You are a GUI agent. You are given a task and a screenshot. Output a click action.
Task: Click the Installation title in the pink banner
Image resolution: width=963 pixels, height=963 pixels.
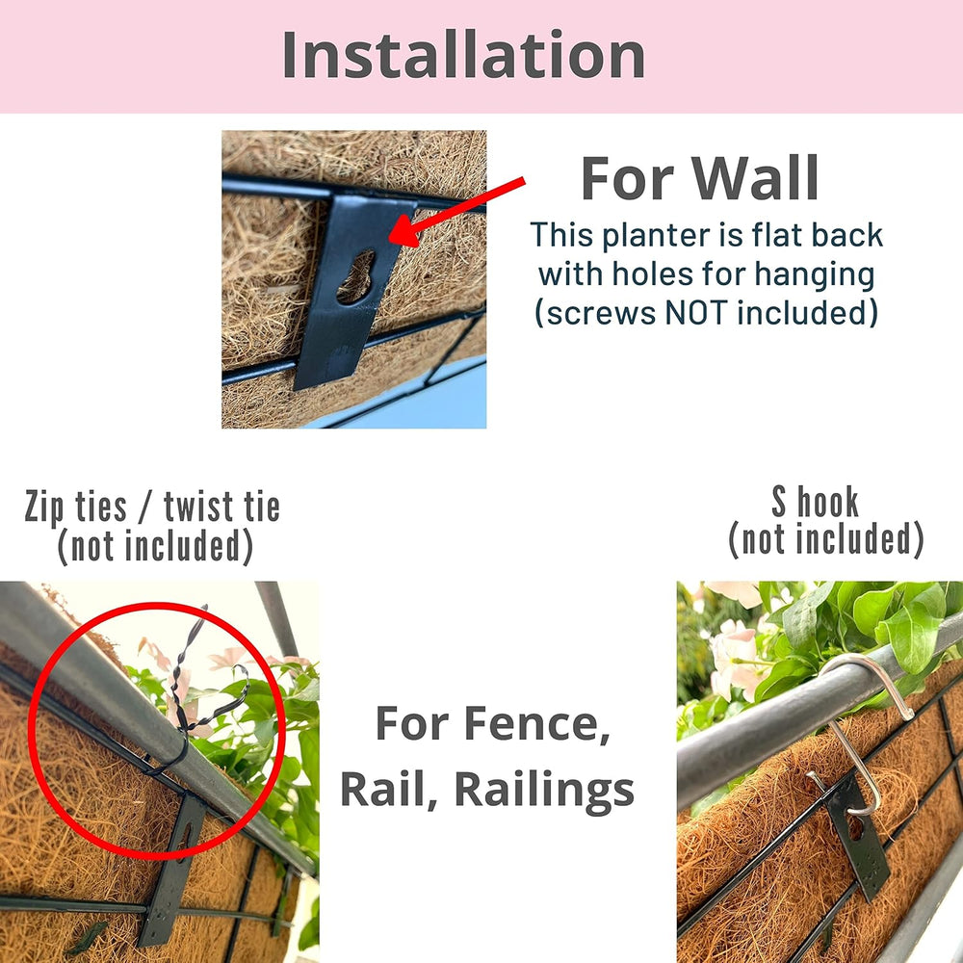(x=464, y=55)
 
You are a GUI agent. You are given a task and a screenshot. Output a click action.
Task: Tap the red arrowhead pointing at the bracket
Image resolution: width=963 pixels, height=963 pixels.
(x=406, y=230)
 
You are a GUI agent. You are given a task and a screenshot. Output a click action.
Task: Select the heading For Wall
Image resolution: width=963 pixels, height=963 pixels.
(x=699, y=178)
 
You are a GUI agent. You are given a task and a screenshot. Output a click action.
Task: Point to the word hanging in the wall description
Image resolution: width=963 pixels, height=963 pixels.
(x=815, y=274)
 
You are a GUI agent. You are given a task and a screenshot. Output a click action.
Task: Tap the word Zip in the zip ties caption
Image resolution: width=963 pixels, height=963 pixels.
(x=43, y=508)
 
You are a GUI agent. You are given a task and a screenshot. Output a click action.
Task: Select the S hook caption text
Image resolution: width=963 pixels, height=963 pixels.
(x=815, y=502)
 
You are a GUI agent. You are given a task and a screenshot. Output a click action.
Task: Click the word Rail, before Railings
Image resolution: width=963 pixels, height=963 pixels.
(x=388, y=790)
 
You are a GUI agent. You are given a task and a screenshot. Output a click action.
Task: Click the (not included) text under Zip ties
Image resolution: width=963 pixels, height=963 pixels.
(x=155, y=546)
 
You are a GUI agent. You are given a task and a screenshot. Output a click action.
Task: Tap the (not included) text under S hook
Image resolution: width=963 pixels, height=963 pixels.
(x=826, y=539)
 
